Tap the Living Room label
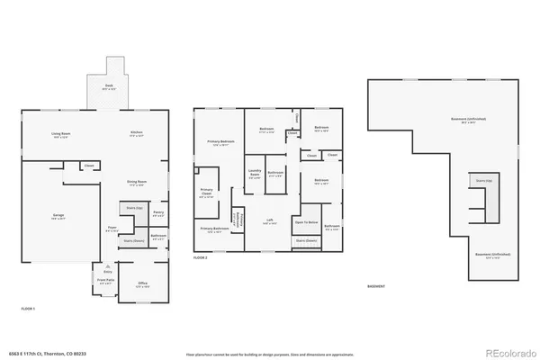[x=60, y=134]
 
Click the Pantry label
[x=157, y=213]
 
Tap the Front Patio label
[x=105, y=281]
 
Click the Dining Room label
[x=138, y=184]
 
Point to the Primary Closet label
[x=207, y=192]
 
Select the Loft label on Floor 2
[x=269, y=220]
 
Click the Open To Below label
[x=307, y=221]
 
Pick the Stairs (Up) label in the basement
[x=483, y=182]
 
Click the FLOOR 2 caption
[x=201, y=257]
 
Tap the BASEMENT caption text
[x=377, y=287]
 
